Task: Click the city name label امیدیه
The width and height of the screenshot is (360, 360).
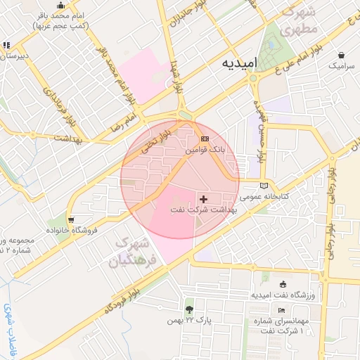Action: pos(239,63)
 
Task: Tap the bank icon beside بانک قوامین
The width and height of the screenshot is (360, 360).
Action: pos(205,139)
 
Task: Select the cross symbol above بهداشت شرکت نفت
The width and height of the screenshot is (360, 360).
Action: pos(204,200)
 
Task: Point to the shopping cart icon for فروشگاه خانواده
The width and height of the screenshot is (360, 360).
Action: pos(70,219)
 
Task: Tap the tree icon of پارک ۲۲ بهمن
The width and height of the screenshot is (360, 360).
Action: pos(188,309)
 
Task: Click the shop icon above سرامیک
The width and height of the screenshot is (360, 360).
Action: pos(341,55)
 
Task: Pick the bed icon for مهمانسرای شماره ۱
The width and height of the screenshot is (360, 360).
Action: pos(282,310)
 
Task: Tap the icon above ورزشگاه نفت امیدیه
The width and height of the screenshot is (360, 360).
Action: pos(283,285)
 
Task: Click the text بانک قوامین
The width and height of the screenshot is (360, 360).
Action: pos(206,150)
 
